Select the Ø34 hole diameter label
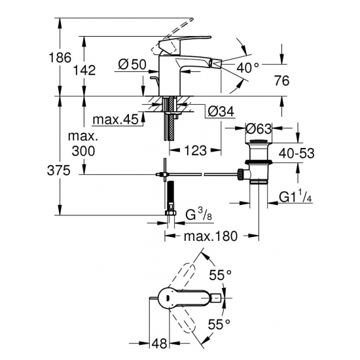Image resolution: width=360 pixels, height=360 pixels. click(221, 111)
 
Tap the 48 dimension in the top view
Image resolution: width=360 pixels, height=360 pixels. click(158, 342)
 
